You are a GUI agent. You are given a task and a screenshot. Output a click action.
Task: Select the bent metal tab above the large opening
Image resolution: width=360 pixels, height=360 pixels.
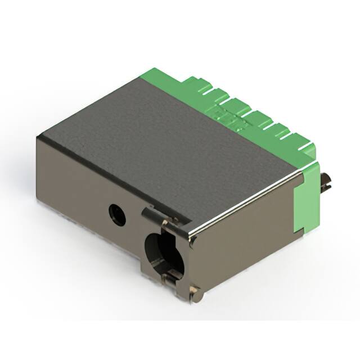tap(153, 215)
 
